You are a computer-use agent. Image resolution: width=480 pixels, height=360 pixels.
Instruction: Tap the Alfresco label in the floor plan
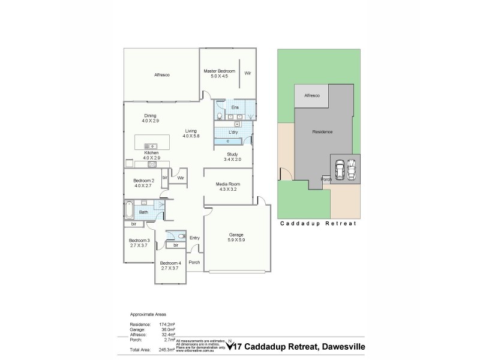[162, 75]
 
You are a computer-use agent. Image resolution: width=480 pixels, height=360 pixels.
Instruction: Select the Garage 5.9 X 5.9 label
[236, 237]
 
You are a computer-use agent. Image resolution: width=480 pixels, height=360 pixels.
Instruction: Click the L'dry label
[234, 132]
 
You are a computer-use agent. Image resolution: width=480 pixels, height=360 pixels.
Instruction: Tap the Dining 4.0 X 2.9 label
[150, 118]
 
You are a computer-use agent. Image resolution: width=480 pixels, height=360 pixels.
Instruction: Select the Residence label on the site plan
[322, 131]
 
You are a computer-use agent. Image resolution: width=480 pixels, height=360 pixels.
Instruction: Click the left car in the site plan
[340, 169]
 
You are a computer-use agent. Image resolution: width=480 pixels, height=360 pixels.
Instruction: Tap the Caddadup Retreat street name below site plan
[318, 223]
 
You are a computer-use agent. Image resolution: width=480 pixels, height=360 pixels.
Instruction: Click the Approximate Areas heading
[148, 314]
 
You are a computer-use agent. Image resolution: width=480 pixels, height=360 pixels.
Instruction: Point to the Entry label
[194, 238]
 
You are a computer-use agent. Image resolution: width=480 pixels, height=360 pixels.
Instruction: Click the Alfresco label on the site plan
[312, 95]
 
